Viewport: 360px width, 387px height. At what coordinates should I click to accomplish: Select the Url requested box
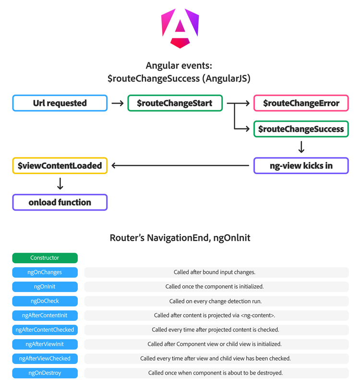point(60,103)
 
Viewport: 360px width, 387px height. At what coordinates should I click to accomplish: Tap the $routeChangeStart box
point(175,103)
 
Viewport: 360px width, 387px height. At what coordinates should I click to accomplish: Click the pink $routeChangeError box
point(301,103)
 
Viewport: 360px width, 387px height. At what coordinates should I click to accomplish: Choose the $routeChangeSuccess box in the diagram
point(301,129)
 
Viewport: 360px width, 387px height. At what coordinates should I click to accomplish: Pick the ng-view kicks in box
point(301,166)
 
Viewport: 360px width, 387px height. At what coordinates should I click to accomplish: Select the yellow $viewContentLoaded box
point(60,166)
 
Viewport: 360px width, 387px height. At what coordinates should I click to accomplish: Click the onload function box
point(60,202)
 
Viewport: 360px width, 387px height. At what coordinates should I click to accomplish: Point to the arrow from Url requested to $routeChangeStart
point(118,103)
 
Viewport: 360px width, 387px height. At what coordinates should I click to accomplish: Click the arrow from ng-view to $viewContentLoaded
point(181,166)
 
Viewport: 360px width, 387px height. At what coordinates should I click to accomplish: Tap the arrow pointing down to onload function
point(60,184)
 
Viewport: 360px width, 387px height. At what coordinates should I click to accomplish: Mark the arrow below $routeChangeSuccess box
point(301,147)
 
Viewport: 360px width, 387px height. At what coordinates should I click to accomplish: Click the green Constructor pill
point(45,258)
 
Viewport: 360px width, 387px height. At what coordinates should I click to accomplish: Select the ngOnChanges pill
point(45,272)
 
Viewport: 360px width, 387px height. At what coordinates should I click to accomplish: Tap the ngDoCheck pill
point(45,301)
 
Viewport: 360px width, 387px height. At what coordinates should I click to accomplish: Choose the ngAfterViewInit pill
point(45,344)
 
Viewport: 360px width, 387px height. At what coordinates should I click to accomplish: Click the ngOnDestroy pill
point(45,373)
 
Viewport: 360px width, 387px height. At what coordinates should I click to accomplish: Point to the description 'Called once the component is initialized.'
point(216,287)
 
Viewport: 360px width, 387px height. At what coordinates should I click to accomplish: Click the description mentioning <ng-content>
point(216,316)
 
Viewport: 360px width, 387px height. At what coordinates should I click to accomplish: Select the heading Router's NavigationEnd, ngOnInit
point(180,238)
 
